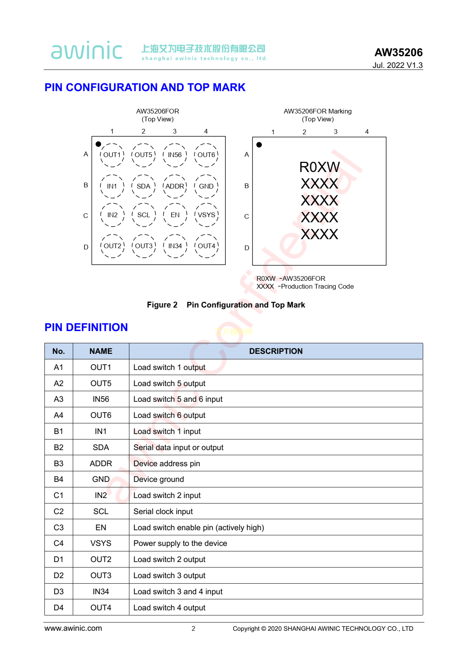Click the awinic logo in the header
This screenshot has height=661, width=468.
87,51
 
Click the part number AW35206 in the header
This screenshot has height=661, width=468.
398,52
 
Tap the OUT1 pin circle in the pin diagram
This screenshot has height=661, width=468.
112,155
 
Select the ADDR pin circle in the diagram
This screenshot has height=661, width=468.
175,186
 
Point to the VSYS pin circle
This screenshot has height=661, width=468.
206,215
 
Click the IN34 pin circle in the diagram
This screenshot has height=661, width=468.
175,246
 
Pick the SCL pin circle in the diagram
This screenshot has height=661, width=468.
144,215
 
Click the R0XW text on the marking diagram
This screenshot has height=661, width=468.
319,167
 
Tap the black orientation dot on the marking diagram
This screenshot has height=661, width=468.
259,145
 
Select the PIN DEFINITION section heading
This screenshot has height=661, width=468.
86,327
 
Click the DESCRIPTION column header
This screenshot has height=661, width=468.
276,351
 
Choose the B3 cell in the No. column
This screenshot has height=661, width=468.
59,463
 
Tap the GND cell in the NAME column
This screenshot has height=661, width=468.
101,479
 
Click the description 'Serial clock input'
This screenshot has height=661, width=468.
163,511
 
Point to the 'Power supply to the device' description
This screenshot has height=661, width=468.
180,543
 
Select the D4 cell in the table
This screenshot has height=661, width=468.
59,608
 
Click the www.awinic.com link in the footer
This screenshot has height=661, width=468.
73,628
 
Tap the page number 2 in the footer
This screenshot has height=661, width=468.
193,628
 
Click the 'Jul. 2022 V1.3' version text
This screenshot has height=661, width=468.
397,65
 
